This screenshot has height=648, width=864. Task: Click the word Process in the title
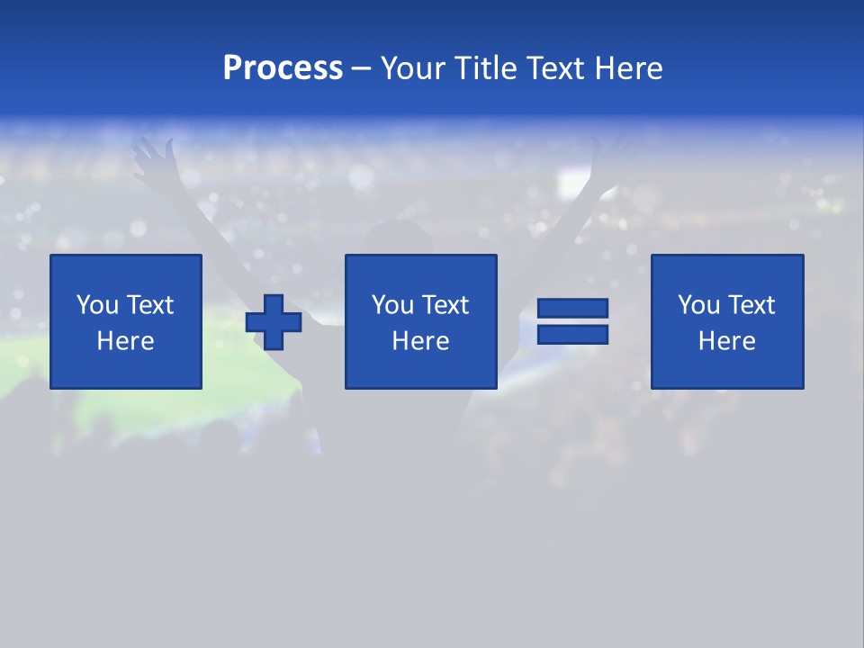(283, 68)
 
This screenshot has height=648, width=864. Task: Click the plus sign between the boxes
(274, 322)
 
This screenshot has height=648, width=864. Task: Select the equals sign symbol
(572, 321)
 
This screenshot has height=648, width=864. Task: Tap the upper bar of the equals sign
(572, 309)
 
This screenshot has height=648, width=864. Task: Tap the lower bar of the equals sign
(572, 334)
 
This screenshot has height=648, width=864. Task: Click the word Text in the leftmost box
(149, 305)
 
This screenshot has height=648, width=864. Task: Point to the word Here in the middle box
(420, 341)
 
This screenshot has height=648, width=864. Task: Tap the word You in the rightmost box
(699, 305)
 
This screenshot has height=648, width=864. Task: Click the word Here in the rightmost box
(726, 341)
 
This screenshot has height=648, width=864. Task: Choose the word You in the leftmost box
(97, 305)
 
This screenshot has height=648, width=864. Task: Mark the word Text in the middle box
(445, 305)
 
